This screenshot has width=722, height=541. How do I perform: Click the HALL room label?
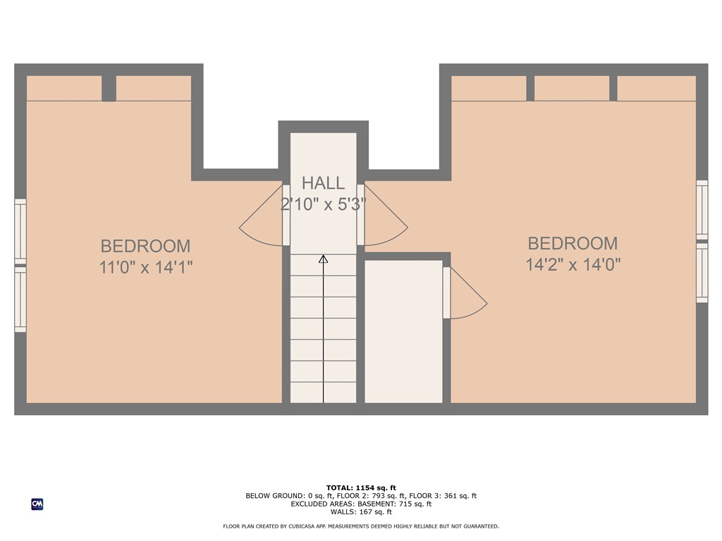click(323, 183)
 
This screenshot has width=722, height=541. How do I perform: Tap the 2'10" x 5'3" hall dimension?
click(323, 204)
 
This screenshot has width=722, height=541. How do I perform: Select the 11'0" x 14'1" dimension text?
click(145, 268)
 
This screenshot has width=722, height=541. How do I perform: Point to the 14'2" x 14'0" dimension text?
click(573, 265)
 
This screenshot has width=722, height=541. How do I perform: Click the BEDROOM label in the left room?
click(145, 246)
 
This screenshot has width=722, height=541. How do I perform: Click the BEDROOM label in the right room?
click(573, 243)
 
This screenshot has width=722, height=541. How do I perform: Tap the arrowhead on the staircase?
click(323, 259)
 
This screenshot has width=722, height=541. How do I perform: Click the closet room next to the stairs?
click(403, 331)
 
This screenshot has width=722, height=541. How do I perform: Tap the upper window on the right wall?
click(702, 209)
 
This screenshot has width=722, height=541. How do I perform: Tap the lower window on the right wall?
click(702, 273)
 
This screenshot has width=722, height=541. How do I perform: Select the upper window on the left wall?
click(20, 232)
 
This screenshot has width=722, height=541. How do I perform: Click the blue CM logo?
click(37, 504)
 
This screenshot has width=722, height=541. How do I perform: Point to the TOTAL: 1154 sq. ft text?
click(361, 487)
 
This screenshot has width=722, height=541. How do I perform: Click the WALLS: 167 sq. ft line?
click(361, 512)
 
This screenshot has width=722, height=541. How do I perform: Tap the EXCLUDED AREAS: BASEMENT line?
click(361, 504)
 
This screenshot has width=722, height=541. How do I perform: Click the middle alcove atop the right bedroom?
click(572, 88)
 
